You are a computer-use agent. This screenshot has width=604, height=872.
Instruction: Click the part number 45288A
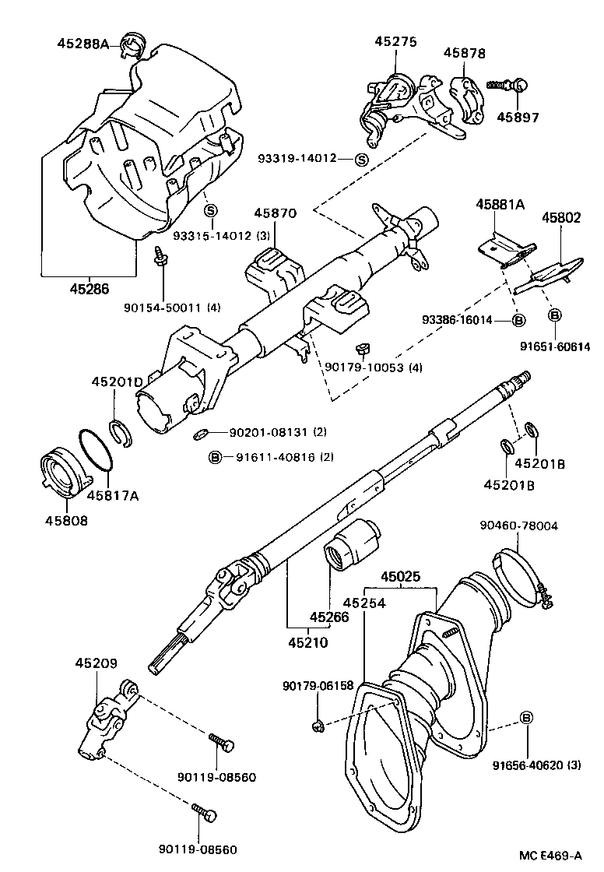click(x=83, y=44)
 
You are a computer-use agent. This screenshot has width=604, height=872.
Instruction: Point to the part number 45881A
click(x=500, y=205)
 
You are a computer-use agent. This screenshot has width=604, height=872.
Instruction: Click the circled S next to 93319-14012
click(x=361, y=159)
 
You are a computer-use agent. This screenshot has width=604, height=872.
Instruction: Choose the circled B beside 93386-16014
click(x=519, y=320)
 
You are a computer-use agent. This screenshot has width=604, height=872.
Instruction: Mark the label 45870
click(x=276, y=213)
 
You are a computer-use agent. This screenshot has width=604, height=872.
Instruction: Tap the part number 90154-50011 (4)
click(x=171, y=308)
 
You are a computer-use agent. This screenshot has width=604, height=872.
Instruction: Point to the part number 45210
click(x=308, y=643)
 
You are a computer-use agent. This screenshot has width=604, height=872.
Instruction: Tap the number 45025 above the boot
click(x=401, y=577)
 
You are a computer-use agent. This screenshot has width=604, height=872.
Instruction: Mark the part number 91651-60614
click(x=557, y=346)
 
